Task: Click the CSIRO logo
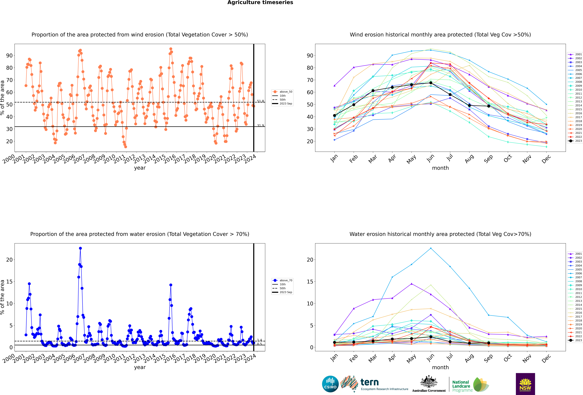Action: [330, 384]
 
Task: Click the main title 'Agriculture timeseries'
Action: [260, 3]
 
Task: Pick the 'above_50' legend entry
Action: [282, 92]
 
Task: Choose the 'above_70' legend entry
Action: [282, 280]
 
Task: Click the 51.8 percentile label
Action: [260, 101]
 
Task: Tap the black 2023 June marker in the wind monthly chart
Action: [431, 83]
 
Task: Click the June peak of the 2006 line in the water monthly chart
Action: [431, 248]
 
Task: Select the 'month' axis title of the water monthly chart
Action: [440, 367]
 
